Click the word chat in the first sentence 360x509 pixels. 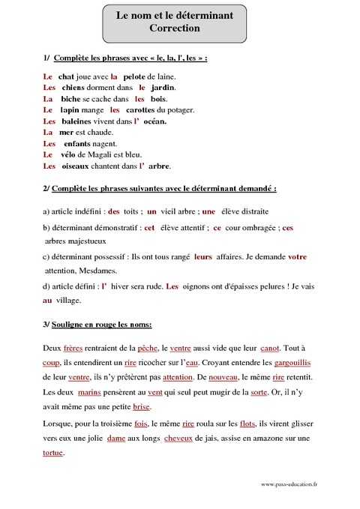[66, 76]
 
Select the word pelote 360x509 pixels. [134, 76]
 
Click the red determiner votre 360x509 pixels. [297, 257]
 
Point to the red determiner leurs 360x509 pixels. [202, 257]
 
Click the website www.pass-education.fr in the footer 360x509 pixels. [289, 485]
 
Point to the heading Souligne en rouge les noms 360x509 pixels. [103, 325]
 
